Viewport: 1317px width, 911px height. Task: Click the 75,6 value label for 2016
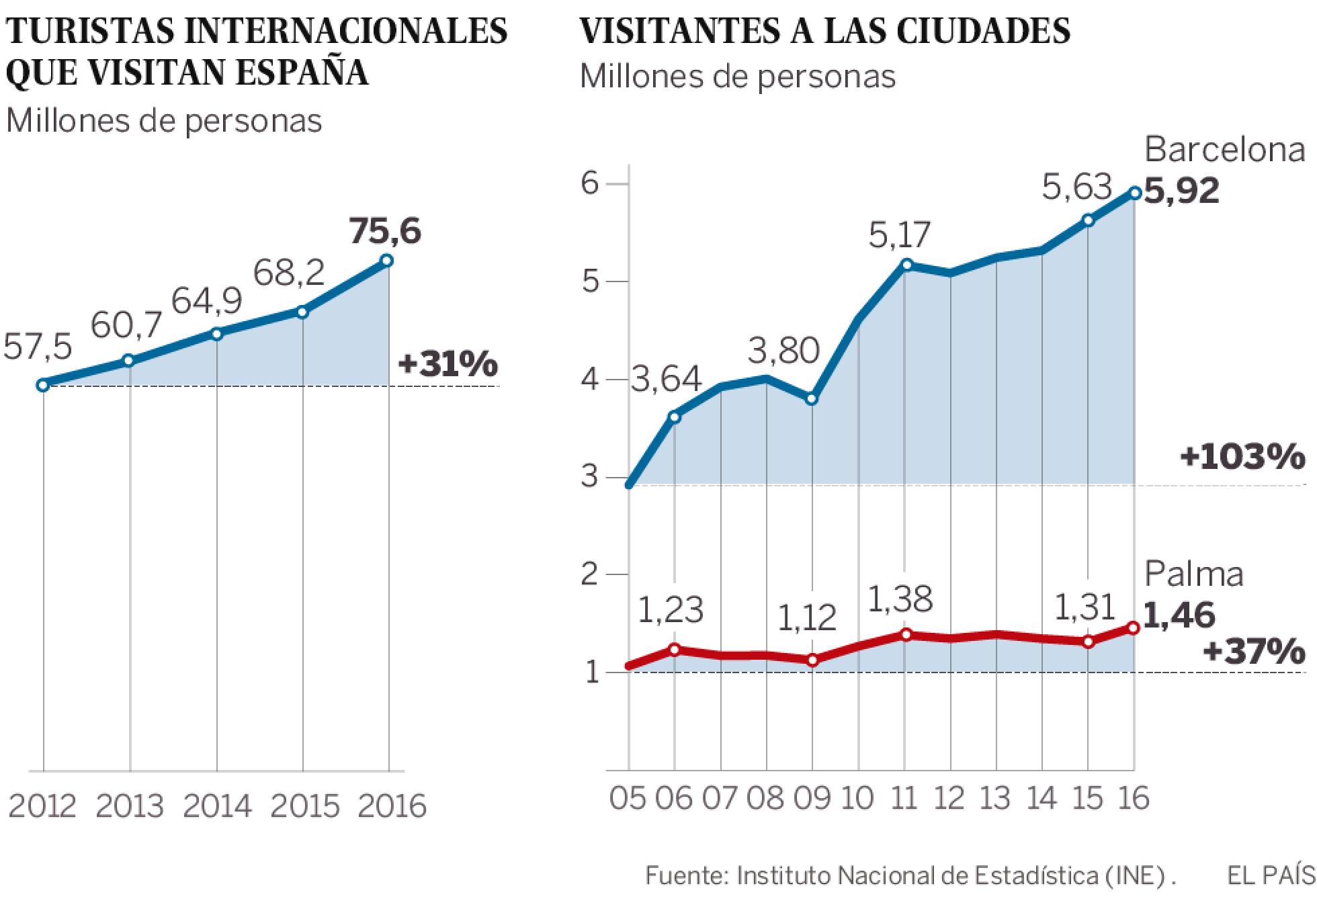pyautogui.click(x=385, y=232)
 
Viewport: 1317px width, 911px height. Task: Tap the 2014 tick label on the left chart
pyautogui.click(x=217, y=806)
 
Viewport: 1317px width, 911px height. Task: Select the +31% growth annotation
pyautogui.click(x=448, y=365)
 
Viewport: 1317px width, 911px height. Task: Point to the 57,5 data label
pyautogui.click(x=38, y=347)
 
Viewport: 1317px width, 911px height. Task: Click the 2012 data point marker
pyautogui.click(x=43, y=385)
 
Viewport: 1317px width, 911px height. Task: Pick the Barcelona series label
pyautogui.click(x=1224, y=150)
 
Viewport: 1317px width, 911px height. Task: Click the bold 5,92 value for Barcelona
pyautogui.click(x=1181, y=191)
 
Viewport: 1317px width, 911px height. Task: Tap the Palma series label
pyautogui.click(x=1193, y=574)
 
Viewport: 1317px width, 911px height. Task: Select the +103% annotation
pyautogui.click(x=1242, y=458)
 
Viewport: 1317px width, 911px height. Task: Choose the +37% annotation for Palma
pyautogui.click(x=1254, y=651)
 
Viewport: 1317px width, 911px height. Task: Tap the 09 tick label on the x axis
pyautogui.click(x=812, y=799)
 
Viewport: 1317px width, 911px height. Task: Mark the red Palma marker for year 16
pyautogui.click(x=1134, y=628)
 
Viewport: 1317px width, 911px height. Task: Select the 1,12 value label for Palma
pyautogui.click(x=807, y=618)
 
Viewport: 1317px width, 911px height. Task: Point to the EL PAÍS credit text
pyautogui.click(x=1271, y=876)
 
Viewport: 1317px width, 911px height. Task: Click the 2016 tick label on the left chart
pyautogui.click(x=392, y=806)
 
